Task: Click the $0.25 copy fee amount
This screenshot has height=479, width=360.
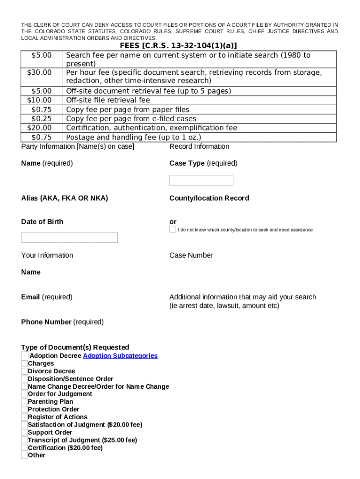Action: (41, 119)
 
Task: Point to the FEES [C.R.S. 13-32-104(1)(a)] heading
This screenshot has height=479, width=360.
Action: (178, 45)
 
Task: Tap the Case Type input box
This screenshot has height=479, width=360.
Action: (201, 180)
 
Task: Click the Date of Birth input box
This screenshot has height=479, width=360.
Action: (69, 238)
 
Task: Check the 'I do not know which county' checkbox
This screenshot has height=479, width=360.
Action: (173, 230)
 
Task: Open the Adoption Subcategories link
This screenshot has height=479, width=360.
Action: (120, 356)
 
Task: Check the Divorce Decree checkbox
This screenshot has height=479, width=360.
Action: (24, 371)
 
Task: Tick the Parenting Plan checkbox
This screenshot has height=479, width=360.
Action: (24, 402)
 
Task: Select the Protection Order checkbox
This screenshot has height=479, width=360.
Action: (24, 409)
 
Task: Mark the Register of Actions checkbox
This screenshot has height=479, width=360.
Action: (24, 417)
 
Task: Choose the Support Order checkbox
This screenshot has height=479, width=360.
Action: (24, 433)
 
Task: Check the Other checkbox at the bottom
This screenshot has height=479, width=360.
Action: (24, 455)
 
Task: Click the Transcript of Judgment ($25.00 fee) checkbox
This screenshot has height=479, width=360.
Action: (24, 440)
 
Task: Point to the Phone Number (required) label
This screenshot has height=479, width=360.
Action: (62, 322)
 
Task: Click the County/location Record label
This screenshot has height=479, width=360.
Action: (209, 198)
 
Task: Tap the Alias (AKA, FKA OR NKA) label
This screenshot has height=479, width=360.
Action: (65, 198)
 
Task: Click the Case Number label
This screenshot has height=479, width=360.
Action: (191, 255)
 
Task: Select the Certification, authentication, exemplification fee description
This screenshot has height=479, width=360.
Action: (151, 128)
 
